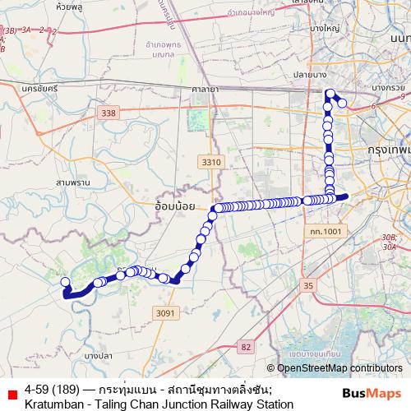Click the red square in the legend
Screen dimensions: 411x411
(11, 395)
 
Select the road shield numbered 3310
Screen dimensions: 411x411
(211, 163)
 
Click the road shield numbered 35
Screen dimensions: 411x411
(308, 285)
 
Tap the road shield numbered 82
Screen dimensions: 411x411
(246, 347)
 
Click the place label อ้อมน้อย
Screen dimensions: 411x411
(174, 201)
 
